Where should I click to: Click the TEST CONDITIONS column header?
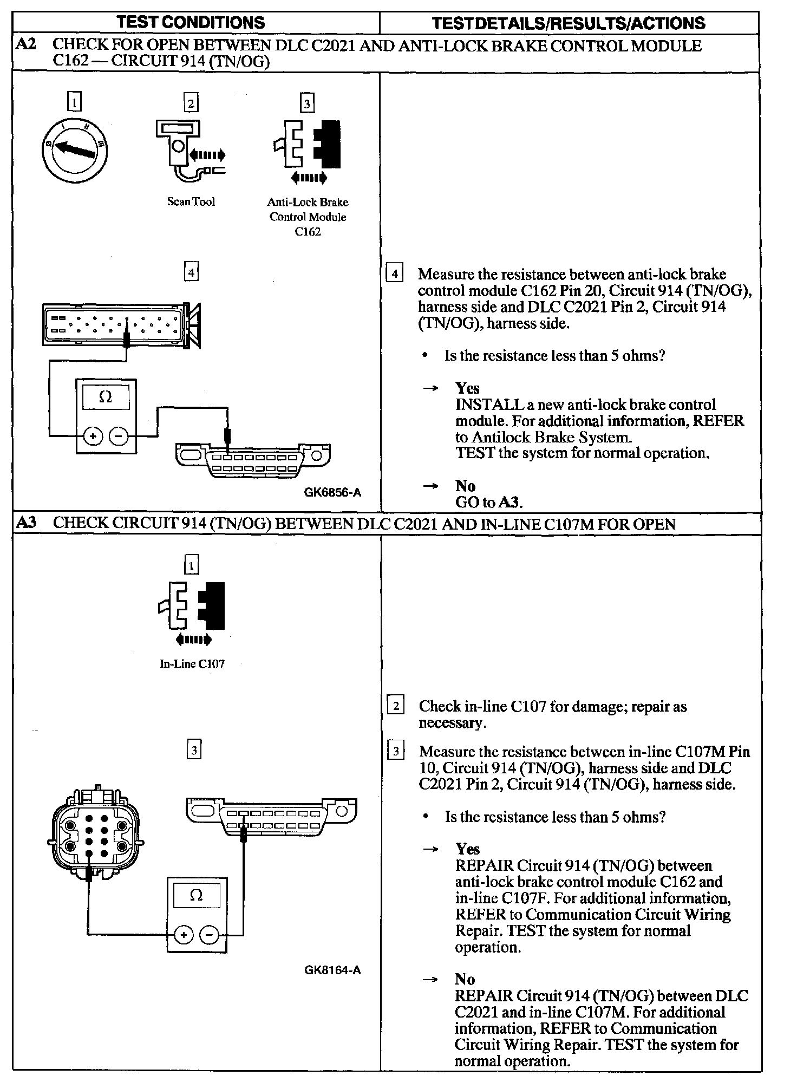pyautogui.click(x=191, y=22)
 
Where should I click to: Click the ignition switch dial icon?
pyautogui.click(x=75, y=150)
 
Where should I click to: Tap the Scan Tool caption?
pyautogui.click(x=191, y=202)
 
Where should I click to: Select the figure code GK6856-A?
pyautogui.click(x=332, y=492)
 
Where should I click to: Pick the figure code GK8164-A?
pyautogui.click(x=332, y=970)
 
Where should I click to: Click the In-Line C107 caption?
pyautogui.click(x=192, y=664)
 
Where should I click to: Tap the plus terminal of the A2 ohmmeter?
pyautogui.click(x=93, y=436)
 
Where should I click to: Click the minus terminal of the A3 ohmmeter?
pyautogui.click(x=209, y=935)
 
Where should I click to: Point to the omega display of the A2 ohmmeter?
pyautogui.click(x=106, y=397)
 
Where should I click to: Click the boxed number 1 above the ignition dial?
pyautogui.click(x=75, y=102)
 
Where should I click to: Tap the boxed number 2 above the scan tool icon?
pyautogui.click(x=191, y=103)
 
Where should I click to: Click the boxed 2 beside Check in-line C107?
pyautogui.click(x=396, y=706)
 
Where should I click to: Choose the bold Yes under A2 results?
pyautogui.click(x=467, y=388)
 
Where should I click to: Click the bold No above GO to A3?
pyautogui.click(x=465, y=485)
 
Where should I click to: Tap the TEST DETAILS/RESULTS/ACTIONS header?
pyautogui.click(x=569, y=23)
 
